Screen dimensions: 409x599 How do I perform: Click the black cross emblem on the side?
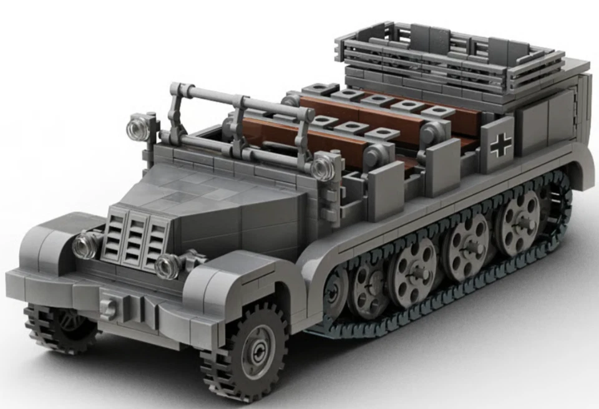[500, 145]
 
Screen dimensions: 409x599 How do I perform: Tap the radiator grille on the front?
[135, 239]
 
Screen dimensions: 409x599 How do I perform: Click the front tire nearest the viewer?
[246, 350]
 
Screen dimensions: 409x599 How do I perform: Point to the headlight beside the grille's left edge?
[86, 244]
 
